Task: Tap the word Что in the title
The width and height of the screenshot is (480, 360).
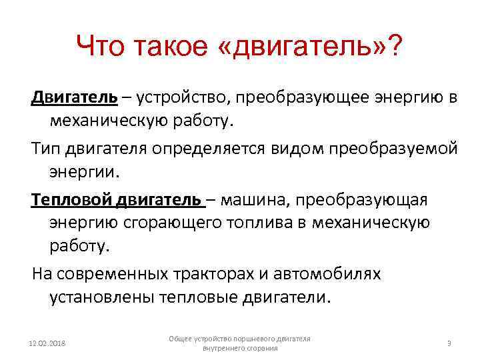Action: pyautogui.click(x=100, y=47)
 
